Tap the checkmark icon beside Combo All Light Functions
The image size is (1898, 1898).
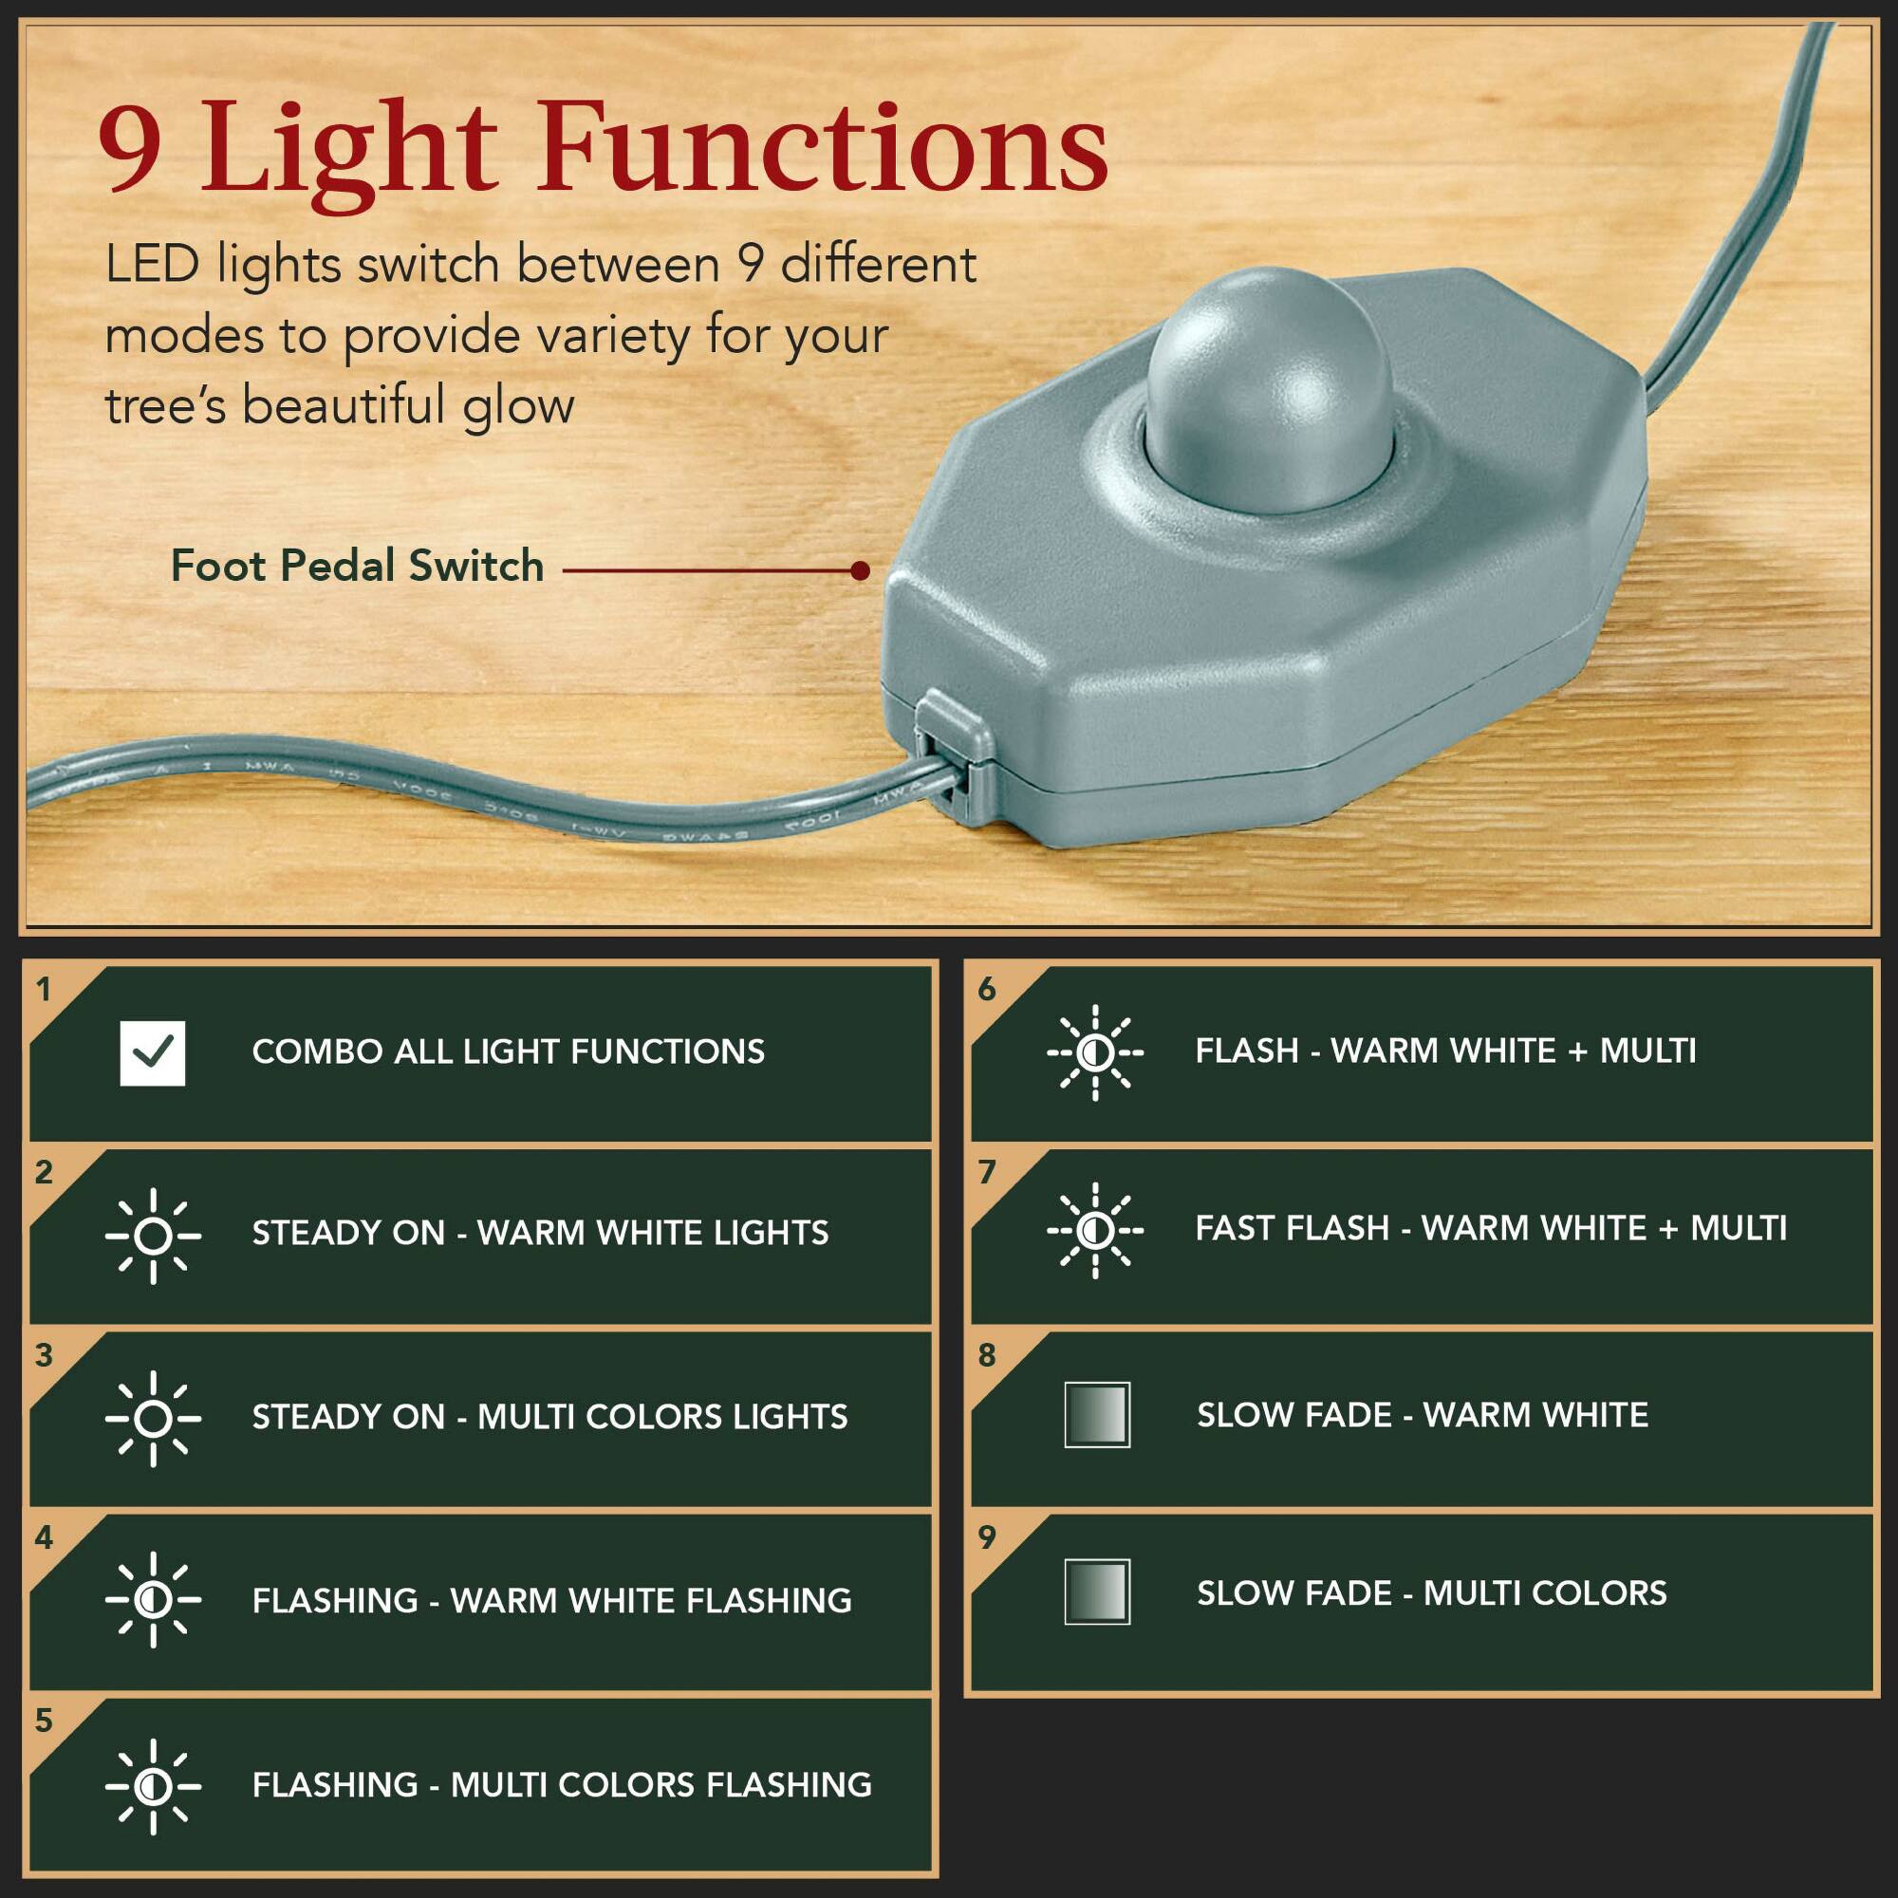pyautogui.click(x=152, y=1053)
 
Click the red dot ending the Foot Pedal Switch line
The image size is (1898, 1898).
pyautogui.click(x=861, y=570)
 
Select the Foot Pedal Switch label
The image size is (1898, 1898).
pyautogui.click(x=358, y=567)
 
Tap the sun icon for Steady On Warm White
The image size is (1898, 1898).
pyautogui.click(x=152, y=1236)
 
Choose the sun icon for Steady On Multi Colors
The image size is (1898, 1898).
pyautogui.click(x=152, y=1419)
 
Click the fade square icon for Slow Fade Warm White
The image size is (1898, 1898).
pyautogui.click(x=1096, y=1415)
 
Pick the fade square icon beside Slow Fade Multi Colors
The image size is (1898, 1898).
pyautogui.click(x=1096, y=1592)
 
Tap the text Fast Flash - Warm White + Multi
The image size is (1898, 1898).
pyautogui.click(x=1490, y=1228)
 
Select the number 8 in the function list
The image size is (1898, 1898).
pyautogui.click(x=986, y=1356)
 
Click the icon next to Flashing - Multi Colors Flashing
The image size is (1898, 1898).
pyautogui.click(x=152, y=1786)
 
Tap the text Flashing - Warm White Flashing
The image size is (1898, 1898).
pyautogui.click(x=551, y=1601)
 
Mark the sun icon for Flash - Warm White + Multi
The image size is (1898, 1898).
pyautogui.click(x=1094, y=1053)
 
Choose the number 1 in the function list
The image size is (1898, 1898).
pyautogui.click(x=44, y=989)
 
